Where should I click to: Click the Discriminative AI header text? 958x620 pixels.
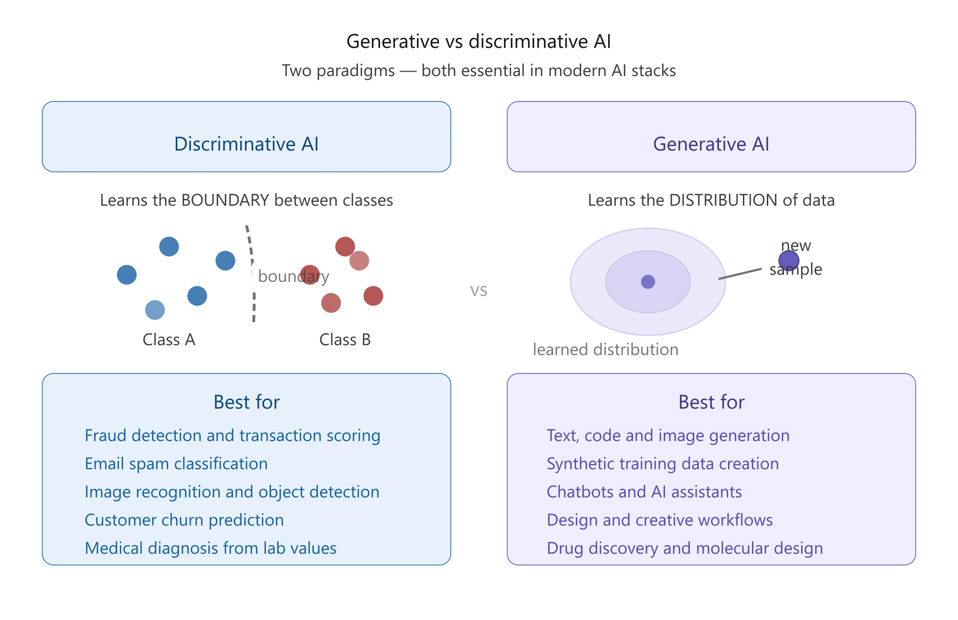point(246,144)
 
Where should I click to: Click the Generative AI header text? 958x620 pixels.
point(711,144)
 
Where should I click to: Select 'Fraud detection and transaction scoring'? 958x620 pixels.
point(232,436)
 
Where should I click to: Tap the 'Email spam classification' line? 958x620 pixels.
point(176,464)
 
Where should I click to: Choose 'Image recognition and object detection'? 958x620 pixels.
point(232,492)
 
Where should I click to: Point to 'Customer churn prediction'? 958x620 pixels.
point(184,520)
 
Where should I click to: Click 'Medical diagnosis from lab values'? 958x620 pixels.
point(211,548)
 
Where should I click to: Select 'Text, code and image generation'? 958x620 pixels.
point(668,436)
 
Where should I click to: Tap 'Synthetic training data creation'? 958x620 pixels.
point(662,464)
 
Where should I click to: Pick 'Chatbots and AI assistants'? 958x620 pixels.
point(644,492)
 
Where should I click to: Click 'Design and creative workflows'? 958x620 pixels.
point(659,520)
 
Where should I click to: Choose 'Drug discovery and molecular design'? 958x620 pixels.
point(684,548)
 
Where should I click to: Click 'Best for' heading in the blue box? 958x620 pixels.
point(247,402)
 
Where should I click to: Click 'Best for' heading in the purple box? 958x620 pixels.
point(711,402)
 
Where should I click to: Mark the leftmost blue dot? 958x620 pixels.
point(126,274)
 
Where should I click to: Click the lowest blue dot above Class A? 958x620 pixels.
point(155,310)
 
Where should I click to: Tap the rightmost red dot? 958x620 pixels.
point(373,296)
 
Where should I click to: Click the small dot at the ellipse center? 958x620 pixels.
point(648,282)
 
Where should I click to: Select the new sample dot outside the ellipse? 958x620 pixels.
point(789,260)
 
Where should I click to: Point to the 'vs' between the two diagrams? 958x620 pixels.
point(479,292)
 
